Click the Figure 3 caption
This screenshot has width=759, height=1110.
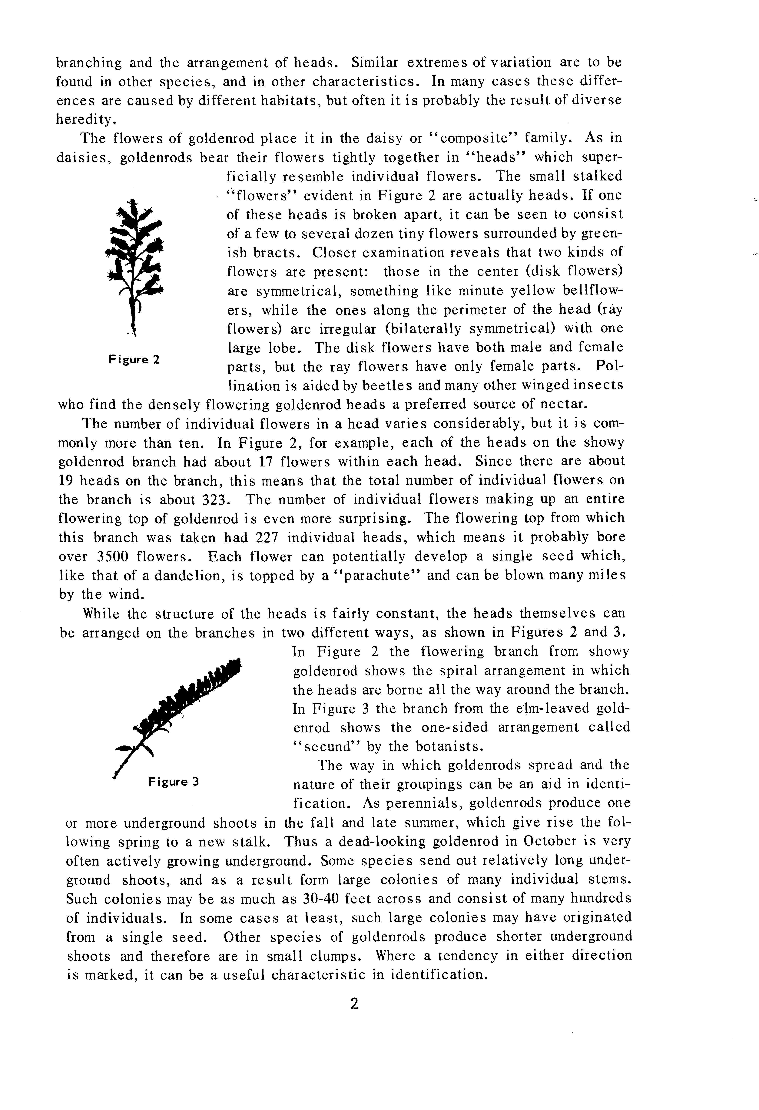point(173,782)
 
